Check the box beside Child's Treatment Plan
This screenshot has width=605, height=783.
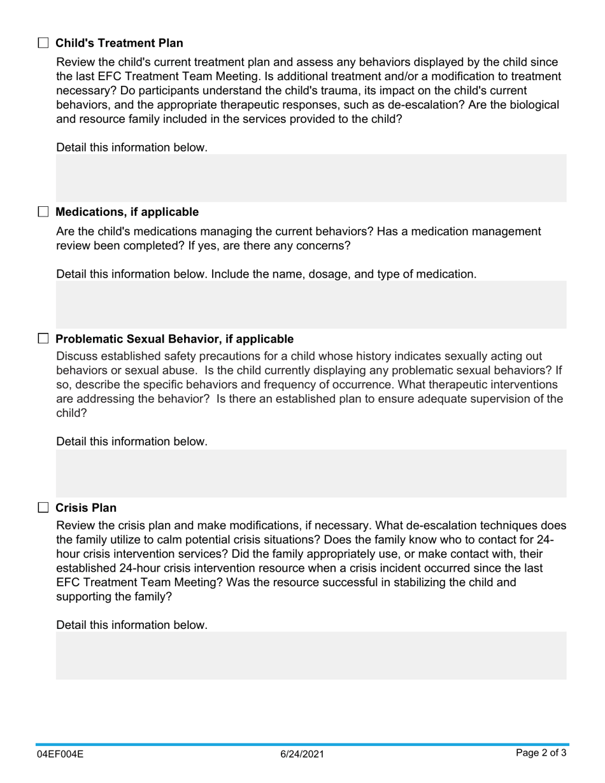pos(43,43)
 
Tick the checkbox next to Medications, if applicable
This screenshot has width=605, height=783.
pos(43,212)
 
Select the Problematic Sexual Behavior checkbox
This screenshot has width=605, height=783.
pos(43,339)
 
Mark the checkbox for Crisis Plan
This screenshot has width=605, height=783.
pos(43,507)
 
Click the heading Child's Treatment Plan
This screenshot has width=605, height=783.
pos(119,43)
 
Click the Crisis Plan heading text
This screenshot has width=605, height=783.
pos(86,508)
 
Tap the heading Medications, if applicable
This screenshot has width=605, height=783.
pos(127,212)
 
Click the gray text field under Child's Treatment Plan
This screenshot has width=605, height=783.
pos(311,178)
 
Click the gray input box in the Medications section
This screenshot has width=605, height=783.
pos(311,304)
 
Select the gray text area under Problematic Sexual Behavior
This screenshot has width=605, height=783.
pos(311,473)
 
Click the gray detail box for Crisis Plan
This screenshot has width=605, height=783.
pos(311,655)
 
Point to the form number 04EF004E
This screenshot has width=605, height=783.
pos(60,754)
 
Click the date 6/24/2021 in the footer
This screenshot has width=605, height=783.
pos(302,754)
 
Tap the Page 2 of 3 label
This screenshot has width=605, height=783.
pos(541,754)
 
